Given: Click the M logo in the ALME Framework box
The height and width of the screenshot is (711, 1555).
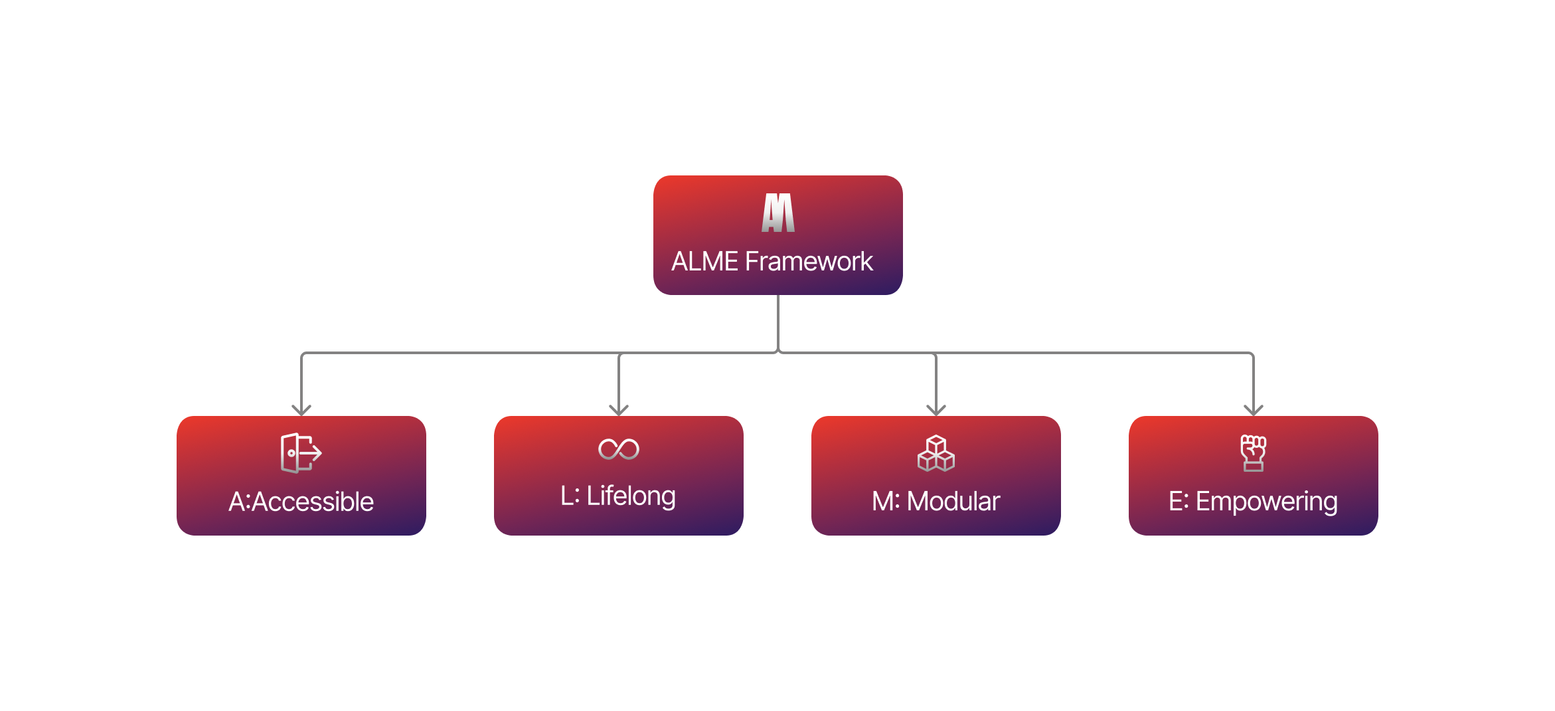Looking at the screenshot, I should click(778, 213).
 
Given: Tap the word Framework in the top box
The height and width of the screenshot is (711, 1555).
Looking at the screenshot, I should click(809, 261).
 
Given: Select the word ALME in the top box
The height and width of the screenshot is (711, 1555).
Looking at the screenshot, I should click(704, 261).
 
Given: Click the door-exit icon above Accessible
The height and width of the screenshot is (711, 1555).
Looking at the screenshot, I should click(301, 453).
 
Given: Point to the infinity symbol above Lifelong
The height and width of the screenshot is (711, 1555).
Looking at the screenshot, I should click(619, 449).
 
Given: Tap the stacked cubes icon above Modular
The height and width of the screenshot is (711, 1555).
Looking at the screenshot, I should click(936, 453).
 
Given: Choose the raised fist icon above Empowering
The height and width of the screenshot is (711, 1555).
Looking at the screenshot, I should click(1254, 453).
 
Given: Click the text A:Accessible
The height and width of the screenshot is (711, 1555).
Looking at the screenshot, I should click(301, 502).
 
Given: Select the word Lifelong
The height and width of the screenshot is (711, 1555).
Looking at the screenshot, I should click(631, 496).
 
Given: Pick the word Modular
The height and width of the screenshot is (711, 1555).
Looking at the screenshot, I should click(953, 501).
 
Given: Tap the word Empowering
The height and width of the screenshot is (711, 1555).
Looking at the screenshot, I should click(1266, 501).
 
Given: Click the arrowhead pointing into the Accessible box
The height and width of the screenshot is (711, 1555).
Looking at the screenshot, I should click(301, 409).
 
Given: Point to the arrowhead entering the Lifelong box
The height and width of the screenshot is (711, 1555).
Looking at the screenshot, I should click(619, 409).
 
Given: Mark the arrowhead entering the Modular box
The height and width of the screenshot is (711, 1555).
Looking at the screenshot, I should click(936, 409).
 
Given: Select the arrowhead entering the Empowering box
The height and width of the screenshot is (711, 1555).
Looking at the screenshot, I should click(1254, 409).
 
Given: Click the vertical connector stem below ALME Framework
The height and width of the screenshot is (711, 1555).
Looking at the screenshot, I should click(778, 322).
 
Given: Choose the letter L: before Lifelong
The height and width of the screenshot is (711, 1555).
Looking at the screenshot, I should click(570, 496).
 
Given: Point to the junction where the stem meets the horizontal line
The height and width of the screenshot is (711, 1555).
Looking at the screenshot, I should click(778, 352).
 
